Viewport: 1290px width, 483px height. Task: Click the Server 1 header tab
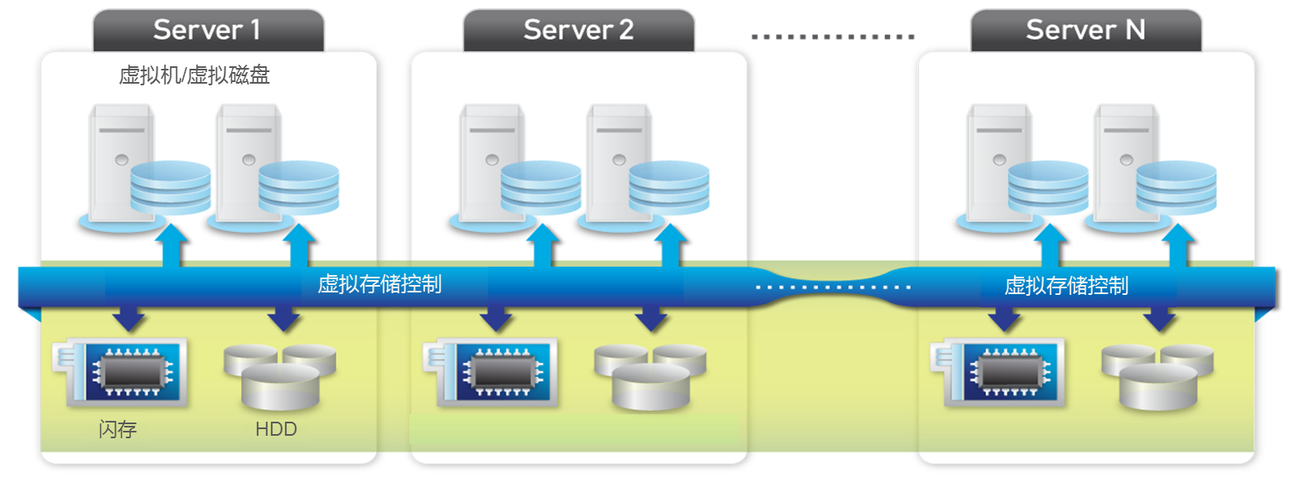(x=209, y=31)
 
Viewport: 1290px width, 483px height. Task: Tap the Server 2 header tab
(x=579, y=31)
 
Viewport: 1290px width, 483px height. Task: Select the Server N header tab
(x=1085, y=31)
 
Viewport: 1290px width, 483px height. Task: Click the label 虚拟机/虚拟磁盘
(x=195, y=75)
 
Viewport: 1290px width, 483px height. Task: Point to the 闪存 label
(x=118, y=429)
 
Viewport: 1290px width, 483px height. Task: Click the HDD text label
(x=276, y=429)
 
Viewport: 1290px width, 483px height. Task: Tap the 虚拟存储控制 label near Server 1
(x=379, y=284)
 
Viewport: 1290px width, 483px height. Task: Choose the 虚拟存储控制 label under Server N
(x=1066, y=286)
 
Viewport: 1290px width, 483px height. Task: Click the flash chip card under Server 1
(x=120, y=373)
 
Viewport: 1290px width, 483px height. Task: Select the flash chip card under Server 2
(x=490, y=373)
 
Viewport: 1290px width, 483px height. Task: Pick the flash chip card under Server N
(x=998, y=373)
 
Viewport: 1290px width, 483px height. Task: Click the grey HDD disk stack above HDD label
(x=280, y=376)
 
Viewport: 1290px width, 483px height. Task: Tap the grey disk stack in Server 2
(x=650, y=376)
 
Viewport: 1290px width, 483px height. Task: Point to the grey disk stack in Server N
(x=1157, y=376)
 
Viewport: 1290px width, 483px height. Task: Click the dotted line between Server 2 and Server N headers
(x=833, y=36)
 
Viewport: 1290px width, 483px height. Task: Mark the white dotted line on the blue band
(x=833, y=287)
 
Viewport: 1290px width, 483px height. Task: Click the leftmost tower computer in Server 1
(x=121, y=163)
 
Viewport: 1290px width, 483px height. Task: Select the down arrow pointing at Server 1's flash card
(x=128, y=318)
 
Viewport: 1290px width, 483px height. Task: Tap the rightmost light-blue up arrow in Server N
(x=1178, y=245)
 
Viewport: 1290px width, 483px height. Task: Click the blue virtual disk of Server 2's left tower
(x=541, y=188)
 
